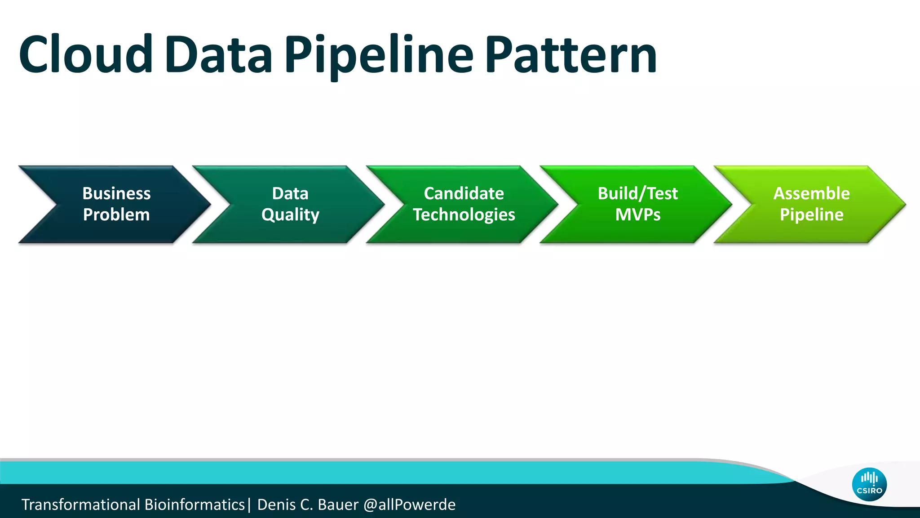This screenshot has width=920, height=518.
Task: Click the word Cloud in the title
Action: tap(85, 55)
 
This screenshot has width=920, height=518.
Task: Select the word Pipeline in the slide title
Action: tap(379, 55)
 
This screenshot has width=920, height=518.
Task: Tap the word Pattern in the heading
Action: tap(571, 55)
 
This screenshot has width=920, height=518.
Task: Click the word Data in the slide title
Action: tap(218, 55)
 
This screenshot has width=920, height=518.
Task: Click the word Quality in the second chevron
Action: tap(290, 215)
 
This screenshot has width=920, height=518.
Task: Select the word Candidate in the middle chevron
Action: tap(464, 193)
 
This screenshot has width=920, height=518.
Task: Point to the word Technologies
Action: tap(464, 215)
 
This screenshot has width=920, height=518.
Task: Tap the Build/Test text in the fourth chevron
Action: tap(637, 193)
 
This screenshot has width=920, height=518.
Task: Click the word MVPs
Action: tap(637, 215)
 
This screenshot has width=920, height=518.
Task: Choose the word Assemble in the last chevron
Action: tap(811, 193)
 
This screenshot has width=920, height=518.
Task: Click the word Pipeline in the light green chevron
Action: tap(811, 215)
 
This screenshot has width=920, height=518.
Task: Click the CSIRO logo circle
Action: tap(869, 484)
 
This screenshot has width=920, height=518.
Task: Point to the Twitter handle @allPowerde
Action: tap(409, 505)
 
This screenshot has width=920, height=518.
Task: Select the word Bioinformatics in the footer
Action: tap(195, 505)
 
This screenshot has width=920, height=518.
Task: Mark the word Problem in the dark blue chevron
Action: tap(116, 215)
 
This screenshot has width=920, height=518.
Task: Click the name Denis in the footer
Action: tap(276, 505)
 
